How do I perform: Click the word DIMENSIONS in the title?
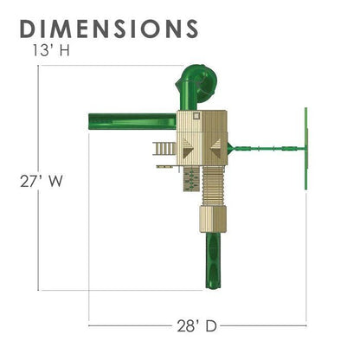[x=109, y=29]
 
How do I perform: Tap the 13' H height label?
[x=51, y=51]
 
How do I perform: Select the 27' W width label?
[x=42, y=182]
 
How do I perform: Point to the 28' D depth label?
[x=196, y=326]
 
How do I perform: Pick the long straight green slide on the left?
[x=132, y=122]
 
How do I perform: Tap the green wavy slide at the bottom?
[x=213, y=260]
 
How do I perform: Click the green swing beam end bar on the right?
[x=306, y=149]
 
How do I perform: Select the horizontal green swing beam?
[x=270, y=149]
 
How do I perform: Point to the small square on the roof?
[x=196, y=115]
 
